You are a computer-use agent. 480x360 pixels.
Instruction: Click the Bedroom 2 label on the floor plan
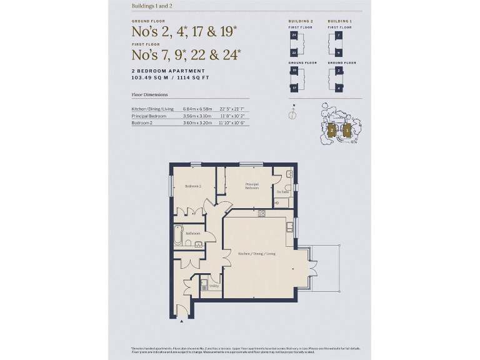tap(192, 186)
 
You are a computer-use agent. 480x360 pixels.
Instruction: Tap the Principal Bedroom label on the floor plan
tap(252, 186)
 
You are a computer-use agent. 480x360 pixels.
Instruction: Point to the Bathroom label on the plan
tap(192, 233)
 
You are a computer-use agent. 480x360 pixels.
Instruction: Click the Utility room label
tap(214, 286)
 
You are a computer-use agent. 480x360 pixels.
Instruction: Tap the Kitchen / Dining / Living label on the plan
tap(256, 254)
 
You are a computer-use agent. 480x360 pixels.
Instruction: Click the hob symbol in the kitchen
tap(261, 213)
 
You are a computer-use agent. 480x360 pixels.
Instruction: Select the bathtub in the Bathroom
tap(177, 235)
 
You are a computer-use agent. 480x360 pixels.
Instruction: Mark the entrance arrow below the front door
tap(181, 321)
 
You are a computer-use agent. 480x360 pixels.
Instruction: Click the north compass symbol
tap(292, 114)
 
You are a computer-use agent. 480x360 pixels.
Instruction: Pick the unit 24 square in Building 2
tap(293, 36)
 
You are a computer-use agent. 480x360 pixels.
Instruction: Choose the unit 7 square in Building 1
tap(338, 36)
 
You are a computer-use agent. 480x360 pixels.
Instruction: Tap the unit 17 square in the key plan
tap(293, 88)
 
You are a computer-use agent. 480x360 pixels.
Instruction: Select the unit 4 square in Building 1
tap(338, 88)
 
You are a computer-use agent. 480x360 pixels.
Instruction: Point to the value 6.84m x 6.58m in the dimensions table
tap(197, 109)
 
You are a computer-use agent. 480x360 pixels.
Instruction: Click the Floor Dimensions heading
tap(149, 95)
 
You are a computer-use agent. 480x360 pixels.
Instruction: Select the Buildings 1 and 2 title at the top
tap(152, 6)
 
